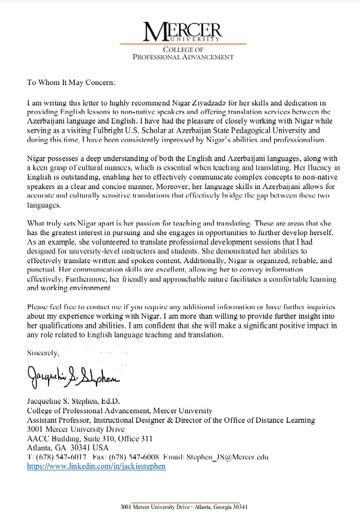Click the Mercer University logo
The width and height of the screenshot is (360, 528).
182,31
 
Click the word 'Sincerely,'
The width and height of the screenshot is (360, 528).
43,353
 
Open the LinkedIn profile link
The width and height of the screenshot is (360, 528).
95,465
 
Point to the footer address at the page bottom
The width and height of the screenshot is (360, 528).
184,506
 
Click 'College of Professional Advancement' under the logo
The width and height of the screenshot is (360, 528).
182,53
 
